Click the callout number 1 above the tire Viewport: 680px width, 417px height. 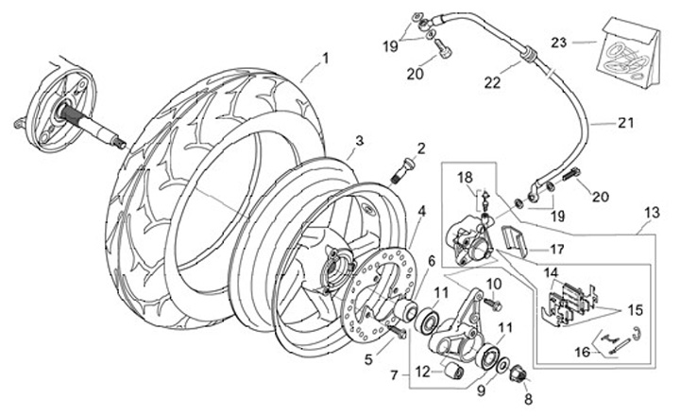(x=325, y=58)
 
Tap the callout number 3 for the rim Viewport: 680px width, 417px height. (x=359, y=141)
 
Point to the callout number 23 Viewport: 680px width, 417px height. (x=559, y=43)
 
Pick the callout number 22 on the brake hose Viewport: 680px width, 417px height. (x=493, y=82)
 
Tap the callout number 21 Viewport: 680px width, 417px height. (x=626, y=123)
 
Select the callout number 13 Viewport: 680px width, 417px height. (x=653, y=213)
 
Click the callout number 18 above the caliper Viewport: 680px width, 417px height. (x=465, y=178)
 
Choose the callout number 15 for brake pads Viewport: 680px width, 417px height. (x=635, y=310)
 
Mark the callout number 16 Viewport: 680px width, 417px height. (x=583, y=352)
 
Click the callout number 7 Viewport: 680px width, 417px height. (x=394, y=374)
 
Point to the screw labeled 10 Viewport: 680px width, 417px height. (x=494, y=304)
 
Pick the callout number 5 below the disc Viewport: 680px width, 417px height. (x=368, y=359)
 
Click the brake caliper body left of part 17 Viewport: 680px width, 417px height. (x=469, y=241)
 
